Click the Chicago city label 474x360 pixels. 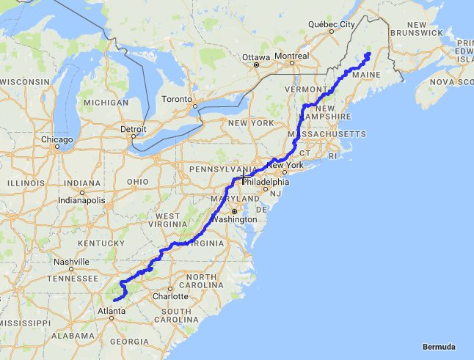coord(56,139)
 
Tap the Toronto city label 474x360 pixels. coord(177,99)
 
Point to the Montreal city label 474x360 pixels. coord(292,56)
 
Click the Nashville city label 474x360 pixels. coord(71,262)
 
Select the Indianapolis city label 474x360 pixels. coord(81,200)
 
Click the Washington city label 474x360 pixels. coord(236,219)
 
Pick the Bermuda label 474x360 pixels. coord(440,346)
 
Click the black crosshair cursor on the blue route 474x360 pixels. coord(243,179)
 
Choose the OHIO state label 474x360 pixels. coord(137,182)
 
